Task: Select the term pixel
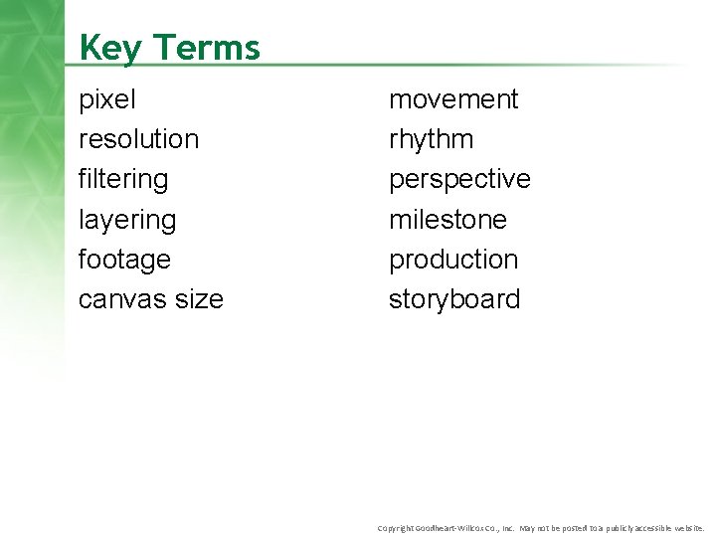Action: (x=107, y=99)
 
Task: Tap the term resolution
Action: (x=138, y=139)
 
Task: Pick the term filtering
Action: (x=123, y=179)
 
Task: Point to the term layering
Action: (x=126, y=220)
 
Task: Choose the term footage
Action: (x=124, y=260)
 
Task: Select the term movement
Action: (x=453, y=99)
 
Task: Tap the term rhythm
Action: (x=431, y=139)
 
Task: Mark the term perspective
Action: (x=459, y=179)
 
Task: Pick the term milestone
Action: (x=447, y=219)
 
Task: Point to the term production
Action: (x=453, y=260)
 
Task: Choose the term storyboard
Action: (x=454, y=299)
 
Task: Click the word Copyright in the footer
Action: (x=396, y=527)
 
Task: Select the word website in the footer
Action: (x=687, y=527)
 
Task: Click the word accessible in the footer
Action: (x=647, y=527)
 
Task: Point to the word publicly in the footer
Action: (x=609, y=527)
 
